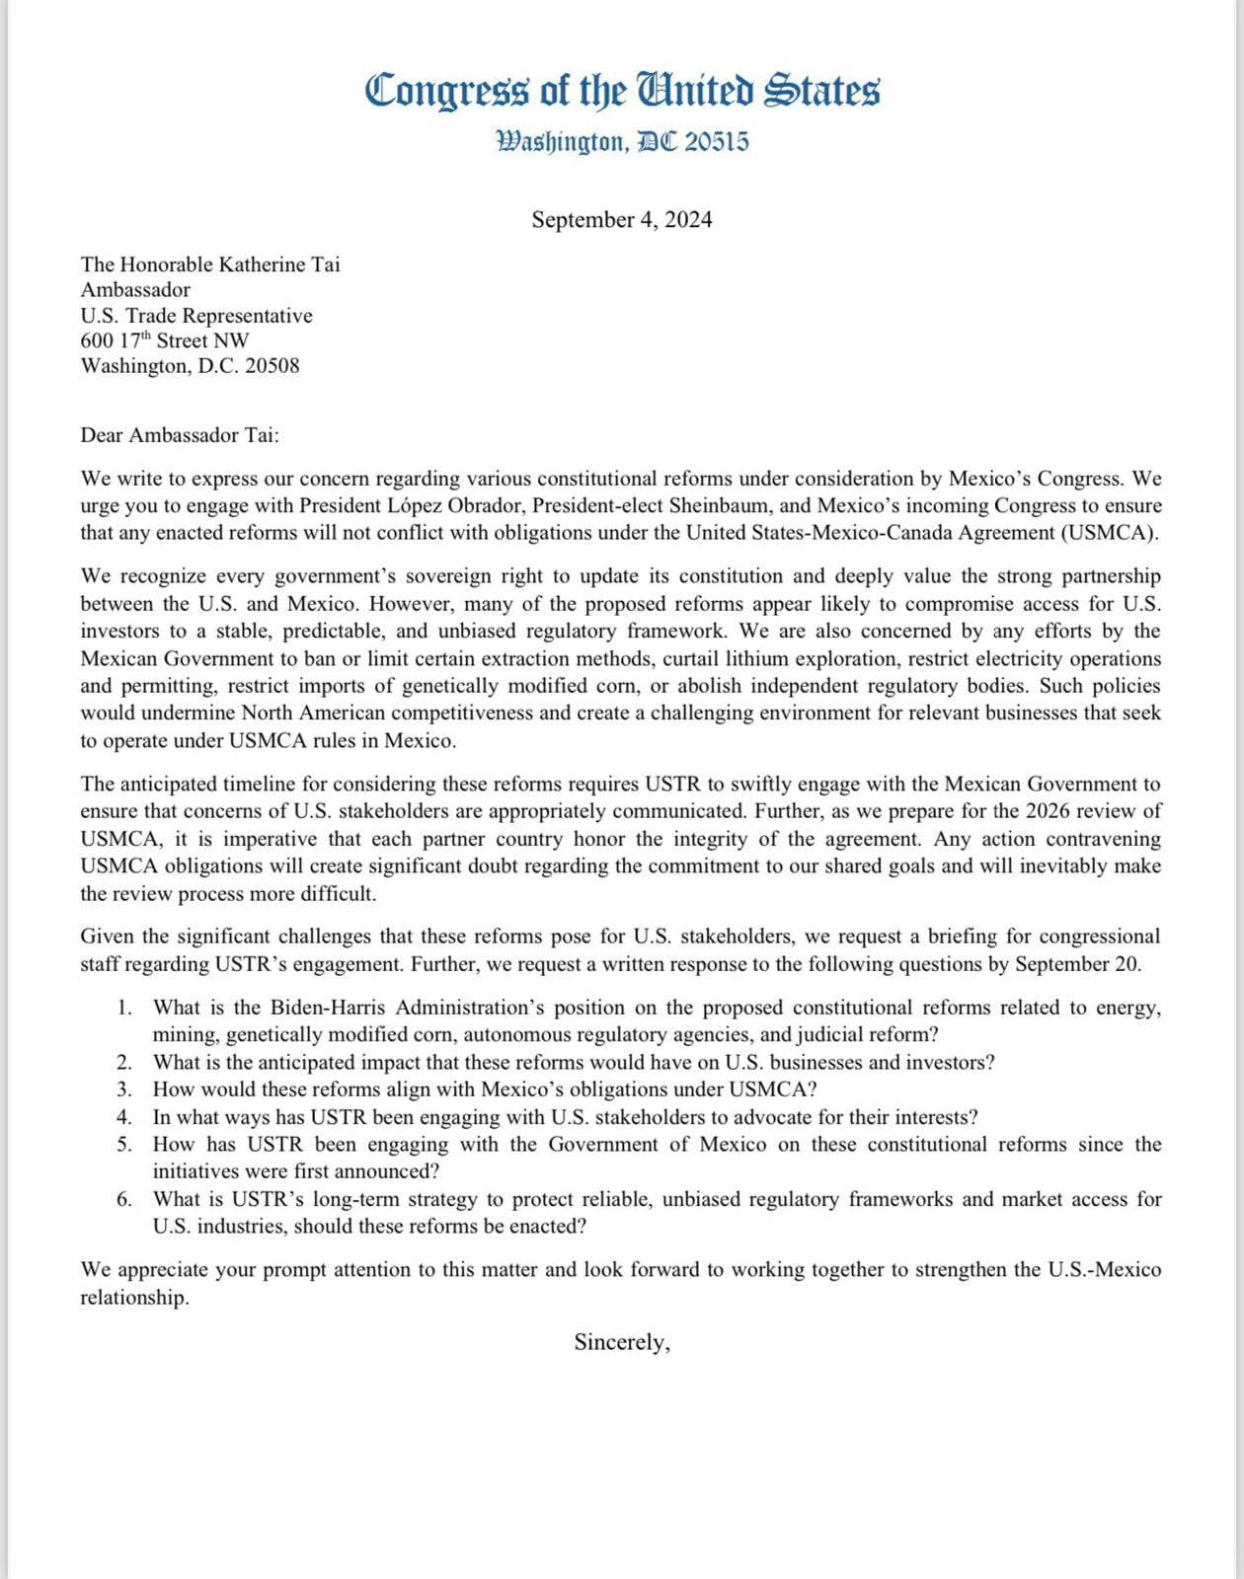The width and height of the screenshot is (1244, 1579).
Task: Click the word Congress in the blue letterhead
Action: coord(447,91)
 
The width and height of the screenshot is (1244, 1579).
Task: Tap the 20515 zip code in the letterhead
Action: coord(717,142)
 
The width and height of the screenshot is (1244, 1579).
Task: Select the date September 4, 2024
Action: coord(621,219)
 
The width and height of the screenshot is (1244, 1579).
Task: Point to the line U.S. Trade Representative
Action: coord(196,316)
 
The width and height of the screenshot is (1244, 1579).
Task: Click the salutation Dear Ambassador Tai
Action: coord(180,435)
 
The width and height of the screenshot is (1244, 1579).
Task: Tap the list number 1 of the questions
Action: coord(123,1008)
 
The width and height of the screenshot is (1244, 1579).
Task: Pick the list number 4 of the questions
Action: coord(123,1117)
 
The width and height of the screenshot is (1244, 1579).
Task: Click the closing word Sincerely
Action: coord(621,1342)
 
